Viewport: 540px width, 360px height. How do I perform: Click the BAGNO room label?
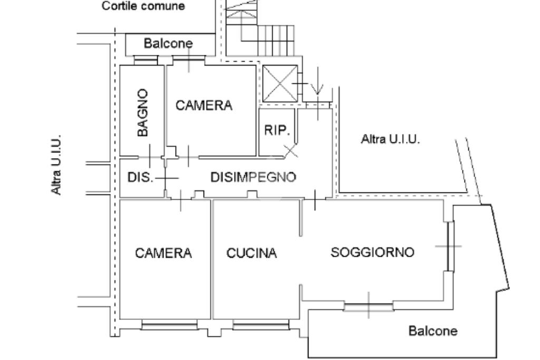(142, 113)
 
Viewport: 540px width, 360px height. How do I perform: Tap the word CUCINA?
(252, 253)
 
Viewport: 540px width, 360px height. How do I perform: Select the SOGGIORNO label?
(372, 252)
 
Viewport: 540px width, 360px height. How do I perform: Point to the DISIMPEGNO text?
(253, 177)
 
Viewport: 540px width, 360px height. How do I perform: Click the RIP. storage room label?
(277, 130)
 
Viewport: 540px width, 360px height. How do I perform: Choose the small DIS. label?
(140, 177)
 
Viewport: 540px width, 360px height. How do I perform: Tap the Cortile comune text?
(143, 6)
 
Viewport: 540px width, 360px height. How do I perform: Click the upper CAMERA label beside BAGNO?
(204, 105)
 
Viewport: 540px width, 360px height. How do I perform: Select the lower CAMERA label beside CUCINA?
(163, 253)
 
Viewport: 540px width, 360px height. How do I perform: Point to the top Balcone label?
(168, 43)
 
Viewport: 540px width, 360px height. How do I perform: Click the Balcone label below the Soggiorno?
(433, 330)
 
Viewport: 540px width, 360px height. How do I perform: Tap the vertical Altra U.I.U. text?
(56, 165)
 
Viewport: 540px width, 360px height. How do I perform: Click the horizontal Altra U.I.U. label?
(390, 139)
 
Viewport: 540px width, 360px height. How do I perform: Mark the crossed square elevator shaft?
(280, 83)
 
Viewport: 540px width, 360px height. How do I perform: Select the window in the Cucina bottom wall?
(261, 325)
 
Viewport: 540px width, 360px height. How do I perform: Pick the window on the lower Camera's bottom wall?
(169, 325)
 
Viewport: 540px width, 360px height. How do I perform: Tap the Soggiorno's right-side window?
(450, 247)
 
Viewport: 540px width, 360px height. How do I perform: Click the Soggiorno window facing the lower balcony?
(369, 306)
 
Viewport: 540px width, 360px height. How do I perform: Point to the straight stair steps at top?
(276, 40)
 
